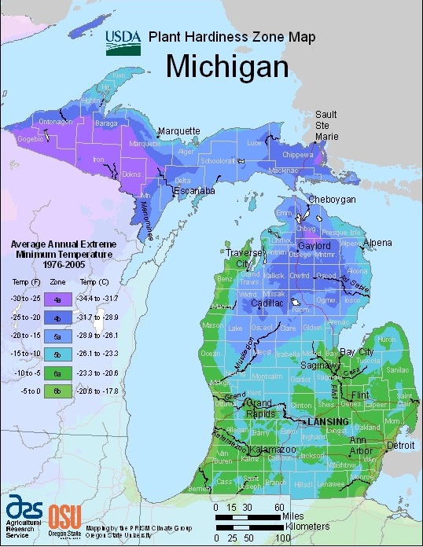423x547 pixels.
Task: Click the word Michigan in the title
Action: coord(228,67)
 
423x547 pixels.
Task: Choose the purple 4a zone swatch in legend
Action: coord(56,299)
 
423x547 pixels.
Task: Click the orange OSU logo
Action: coord(61,516)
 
